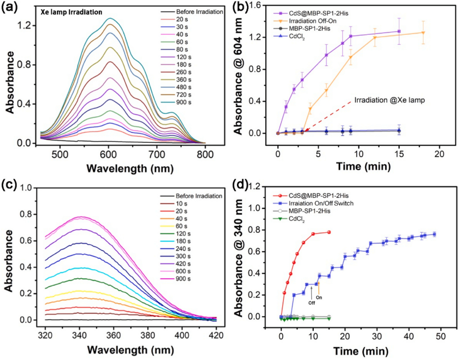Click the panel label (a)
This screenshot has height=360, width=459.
click(x=12, y=7)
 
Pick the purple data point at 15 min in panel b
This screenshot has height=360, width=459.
click(x=399, y=31)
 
